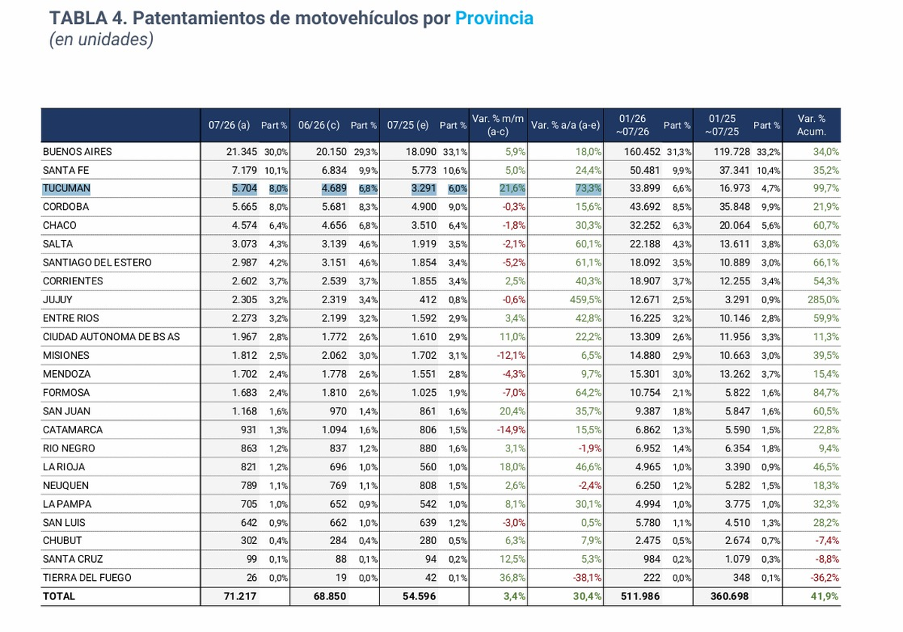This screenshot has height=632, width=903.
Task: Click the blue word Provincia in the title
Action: pyautogui.click(x=494, y=18)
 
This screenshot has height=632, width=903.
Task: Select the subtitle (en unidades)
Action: pyautogui.click(x=101, y=39)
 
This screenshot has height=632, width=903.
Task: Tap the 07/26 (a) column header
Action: pyautogui.click(x=229, y=125)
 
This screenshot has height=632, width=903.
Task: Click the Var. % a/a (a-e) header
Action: pyautogui.click(x=565, y=125)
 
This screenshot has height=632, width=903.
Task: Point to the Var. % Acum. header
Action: pyautogui.click(x=811, y=125)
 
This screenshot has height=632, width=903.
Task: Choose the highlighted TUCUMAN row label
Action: pyautogui.click(x=66, y=188)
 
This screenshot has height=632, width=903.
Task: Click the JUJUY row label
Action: pyautogui.click(x=58, y=299)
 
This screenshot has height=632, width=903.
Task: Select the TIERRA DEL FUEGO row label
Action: pyautogui.click(x=87, y=578)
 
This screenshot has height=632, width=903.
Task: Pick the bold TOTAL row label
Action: pyautogui.click(x=59, y=596)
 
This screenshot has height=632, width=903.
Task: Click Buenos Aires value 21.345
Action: pyautogui.click(x=242, y=151)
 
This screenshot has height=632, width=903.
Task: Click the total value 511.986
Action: pyautogui.click(x=640, y=596)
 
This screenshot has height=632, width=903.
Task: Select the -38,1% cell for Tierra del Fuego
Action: pyautogui.click(x=587, y=578)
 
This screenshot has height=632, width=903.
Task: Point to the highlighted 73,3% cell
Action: pyautogui.click(x=588, y=188)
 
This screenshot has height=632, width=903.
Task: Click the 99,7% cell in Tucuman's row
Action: pyautogui.click(x=826, y=188)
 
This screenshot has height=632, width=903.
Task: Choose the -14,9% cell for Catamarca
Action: pyautogui.click(x=511, y=430)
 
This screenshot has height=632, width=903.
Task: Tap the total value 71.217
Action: pyautogui.click(x=240, y=596)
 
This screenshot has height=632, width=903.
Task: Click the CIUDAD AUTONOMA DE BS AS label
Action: pyautogui.click(x=111, y=336)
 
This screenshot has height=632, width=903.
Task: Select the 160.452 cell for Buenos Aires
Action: pyautogui.click(x=642, y=151)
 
